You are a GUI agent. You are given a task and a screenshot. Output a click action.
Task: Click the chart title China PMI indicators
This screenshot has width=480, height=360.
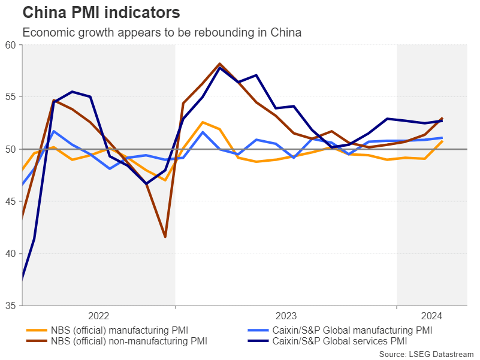pyautogui.click(x=101, y=12)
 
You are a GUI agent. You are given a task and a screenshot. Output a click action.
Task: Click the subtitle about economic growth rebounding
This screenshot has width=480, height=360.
pyautogui.click(x=162, y=32)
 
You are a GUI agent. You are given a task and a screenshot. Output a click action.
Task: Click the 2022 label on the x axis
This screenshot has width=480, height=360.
pyautogui.click(x=99, y=316)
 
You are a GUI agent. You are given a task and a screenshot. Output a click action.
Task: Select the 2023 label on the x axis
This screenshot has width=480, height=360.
pyautogui.click(x=286, y=316)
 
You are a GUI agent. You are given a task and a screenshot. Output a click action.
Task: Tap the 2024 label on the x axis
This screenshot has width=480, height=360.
pyautogui.click(x=431, y=316)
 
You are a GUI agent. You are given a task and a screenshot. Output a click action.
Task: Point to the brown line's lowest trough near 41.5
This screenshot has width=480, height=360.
pyautogui.click(x=165, y=237)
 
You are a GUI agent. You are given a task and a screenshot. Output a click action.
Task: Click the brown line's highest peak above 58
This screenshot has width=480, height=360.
pyautogui.click(x=220, y=63)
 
